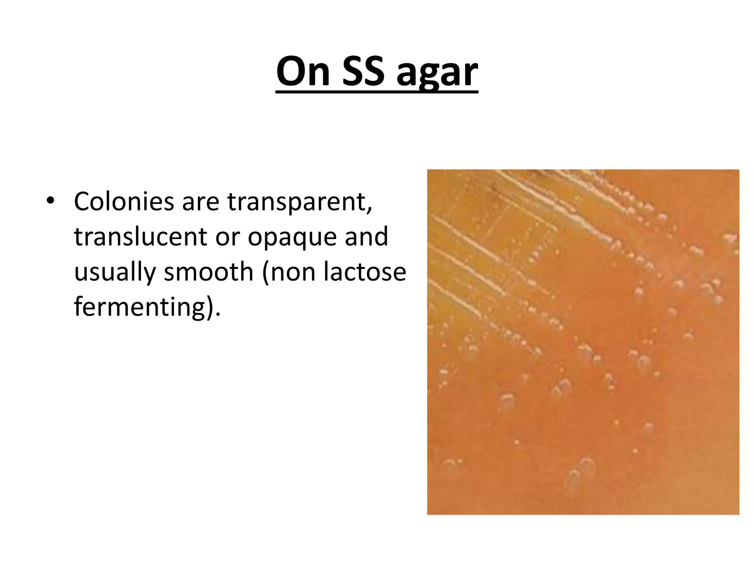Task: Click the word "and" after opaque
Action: (x=366, y=237)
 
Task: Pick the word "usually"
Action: (x=115, y=273)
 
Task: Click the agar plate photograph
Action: (x=583, y=342)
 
